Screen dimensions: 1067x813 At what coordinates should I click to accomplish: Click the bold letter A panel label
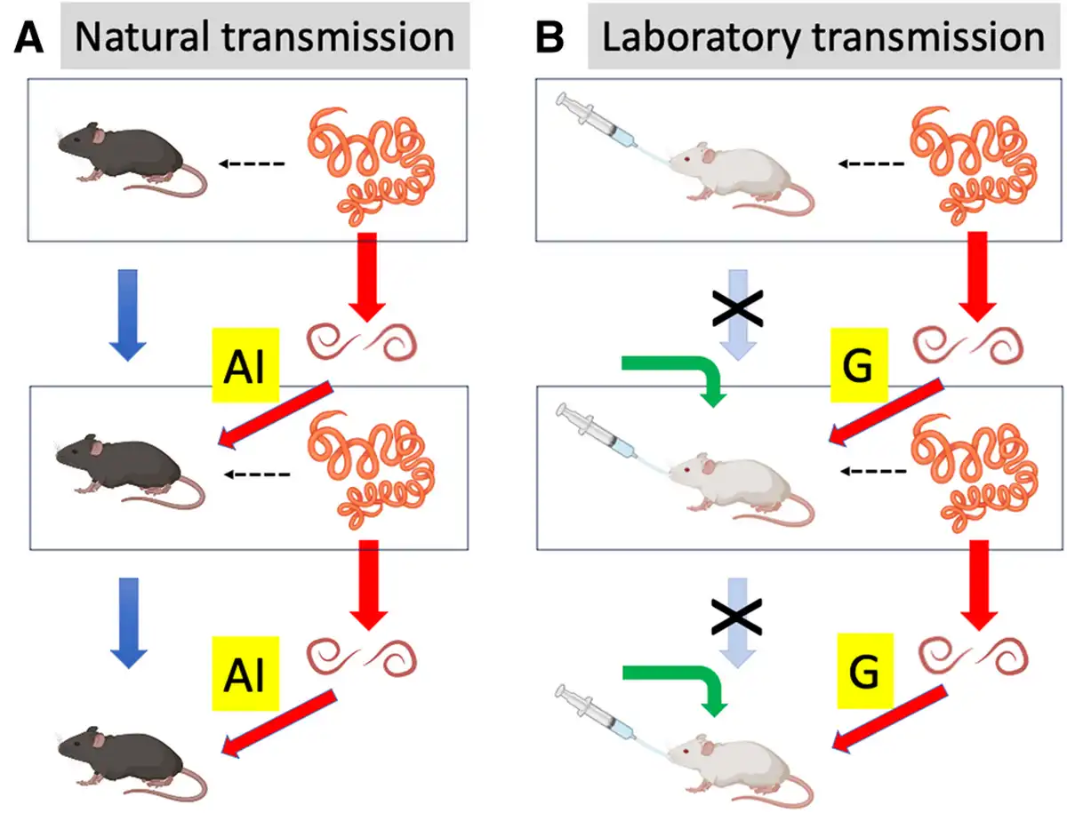(29, 37)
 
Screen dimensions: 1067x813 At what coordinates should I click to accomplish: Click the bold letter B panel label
(550, 37)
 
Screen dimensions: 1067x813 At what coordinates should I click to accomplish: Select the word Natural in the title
(142, 37)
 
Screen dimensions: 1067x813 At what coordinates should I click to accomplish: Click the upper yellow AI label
(245, 364)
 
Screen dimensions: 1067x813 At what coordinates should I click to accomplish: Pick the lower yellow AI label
(245, 674)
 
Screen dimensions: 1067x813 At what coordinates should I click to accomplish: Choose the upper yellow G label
(859, 365)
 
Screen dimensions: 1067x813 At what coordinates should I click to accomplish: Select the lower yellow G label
(865, 671)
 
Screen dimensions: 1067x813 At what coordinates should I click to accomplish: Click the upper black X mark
(737, 308)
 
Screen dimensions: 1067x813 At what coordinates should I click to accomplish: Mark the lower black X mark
(736, 618)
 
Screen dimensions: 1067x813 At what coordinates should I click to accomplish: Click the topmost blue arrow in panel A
(128, 315)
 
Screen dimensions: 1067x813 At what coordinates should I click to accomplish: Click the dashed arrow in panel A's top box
(252, 163)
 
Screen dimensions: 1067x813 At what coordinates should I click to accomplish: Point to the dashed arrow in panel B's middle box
(873, 471)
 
